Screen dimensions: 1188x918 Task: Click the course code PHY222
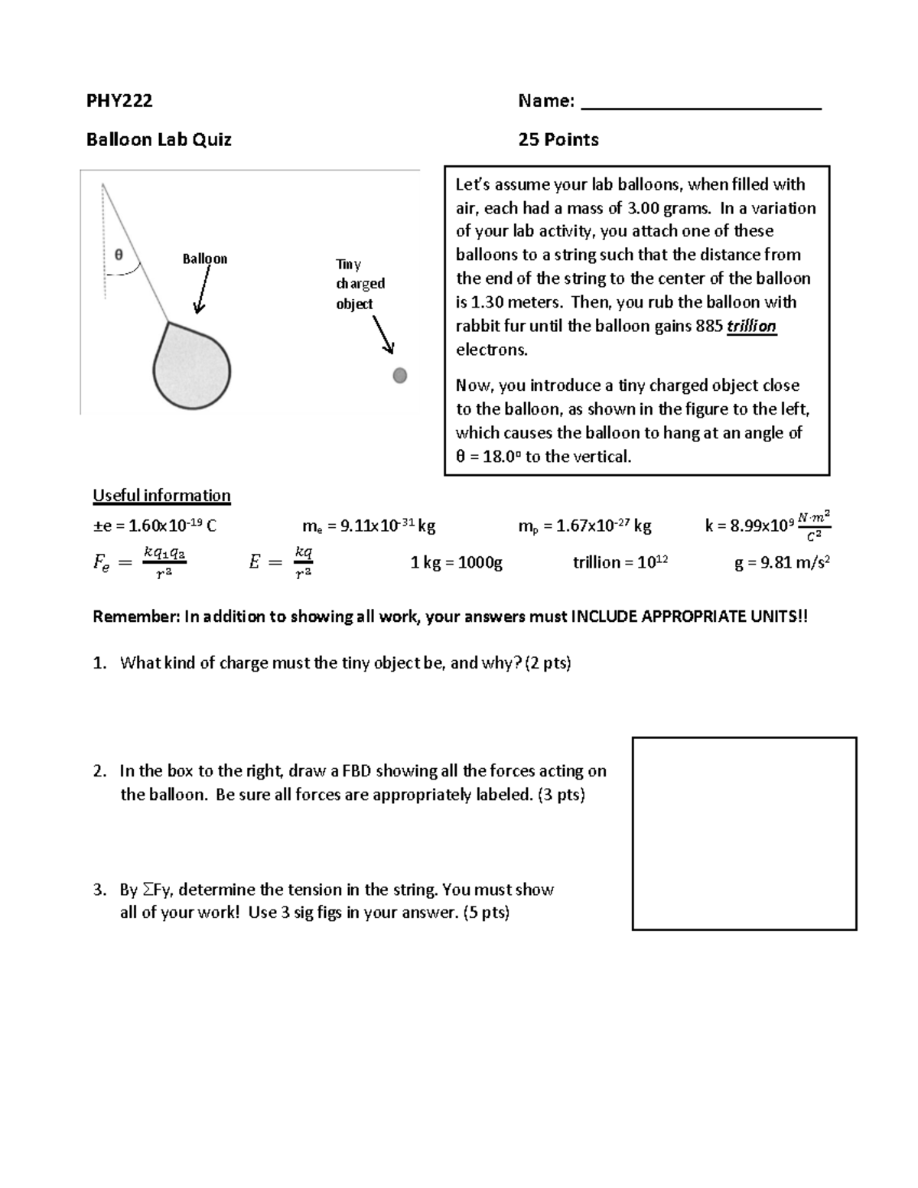point(119,100)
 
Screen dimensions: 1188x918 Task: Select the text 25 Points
point(558,139)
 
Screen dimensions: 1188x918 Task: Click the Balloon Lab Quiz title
point(158,139)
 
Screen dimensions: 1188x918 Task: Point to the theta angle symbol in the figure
point(119,256)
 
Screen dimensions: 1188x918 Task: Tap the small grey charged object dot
point(399,375)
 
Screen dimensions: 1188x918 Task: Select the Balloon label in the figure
point(204,259)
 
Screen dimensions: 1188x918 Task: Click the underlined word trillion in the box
point(751,327)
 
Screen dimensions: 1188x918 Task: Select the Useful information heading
point(161,496)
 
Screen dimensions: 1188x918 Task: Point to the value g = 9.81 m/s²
point(782,563)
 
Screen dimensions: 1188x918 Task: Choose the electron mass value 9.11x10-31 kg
point(369,526)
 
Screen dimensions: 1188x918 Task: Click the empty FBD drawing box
point(744,833)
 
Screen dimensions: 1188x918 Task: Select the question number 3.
point(99,890)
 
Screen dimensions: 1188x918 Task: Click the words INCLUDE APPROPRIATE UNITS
point(685,617)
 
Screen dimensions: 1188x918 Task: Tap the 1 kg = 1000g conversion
point(456,563)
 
